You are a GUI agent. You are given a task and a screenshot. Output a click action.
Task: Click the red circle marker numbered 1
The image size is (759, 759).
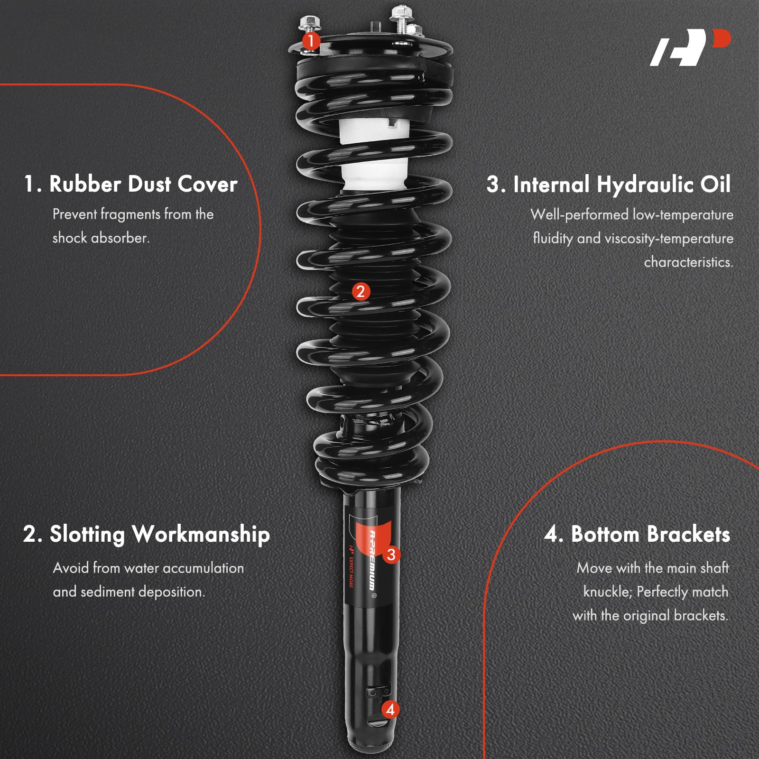tap(311, 41)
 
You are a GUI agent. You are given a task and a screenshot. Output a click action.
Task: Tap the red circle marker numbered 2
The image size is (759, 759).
tap(361, 291)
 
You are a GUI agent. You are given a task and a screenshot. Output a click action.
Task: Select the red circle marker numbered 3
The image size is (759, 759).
tap(391, 555)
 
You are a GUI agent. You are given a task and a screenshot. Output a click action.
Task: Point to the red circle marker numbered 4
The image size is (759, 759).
tap(390, 709)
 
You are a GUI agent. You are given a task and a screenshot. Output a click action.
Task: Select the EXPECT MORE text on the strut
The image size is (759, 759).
tap(351, 572)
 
